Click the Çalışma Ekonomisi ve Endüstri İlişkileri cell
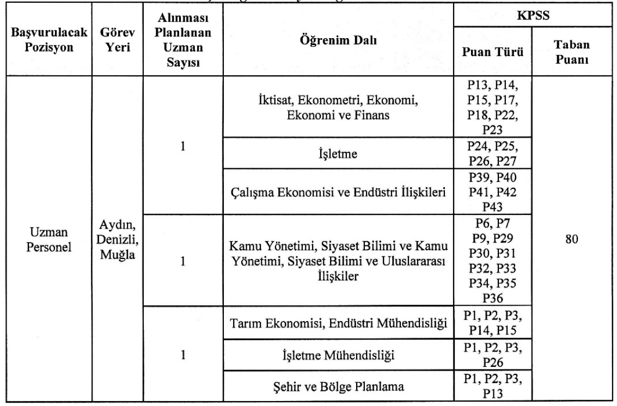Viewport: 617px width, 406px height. pyautogui.click(x=339, y=190)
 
